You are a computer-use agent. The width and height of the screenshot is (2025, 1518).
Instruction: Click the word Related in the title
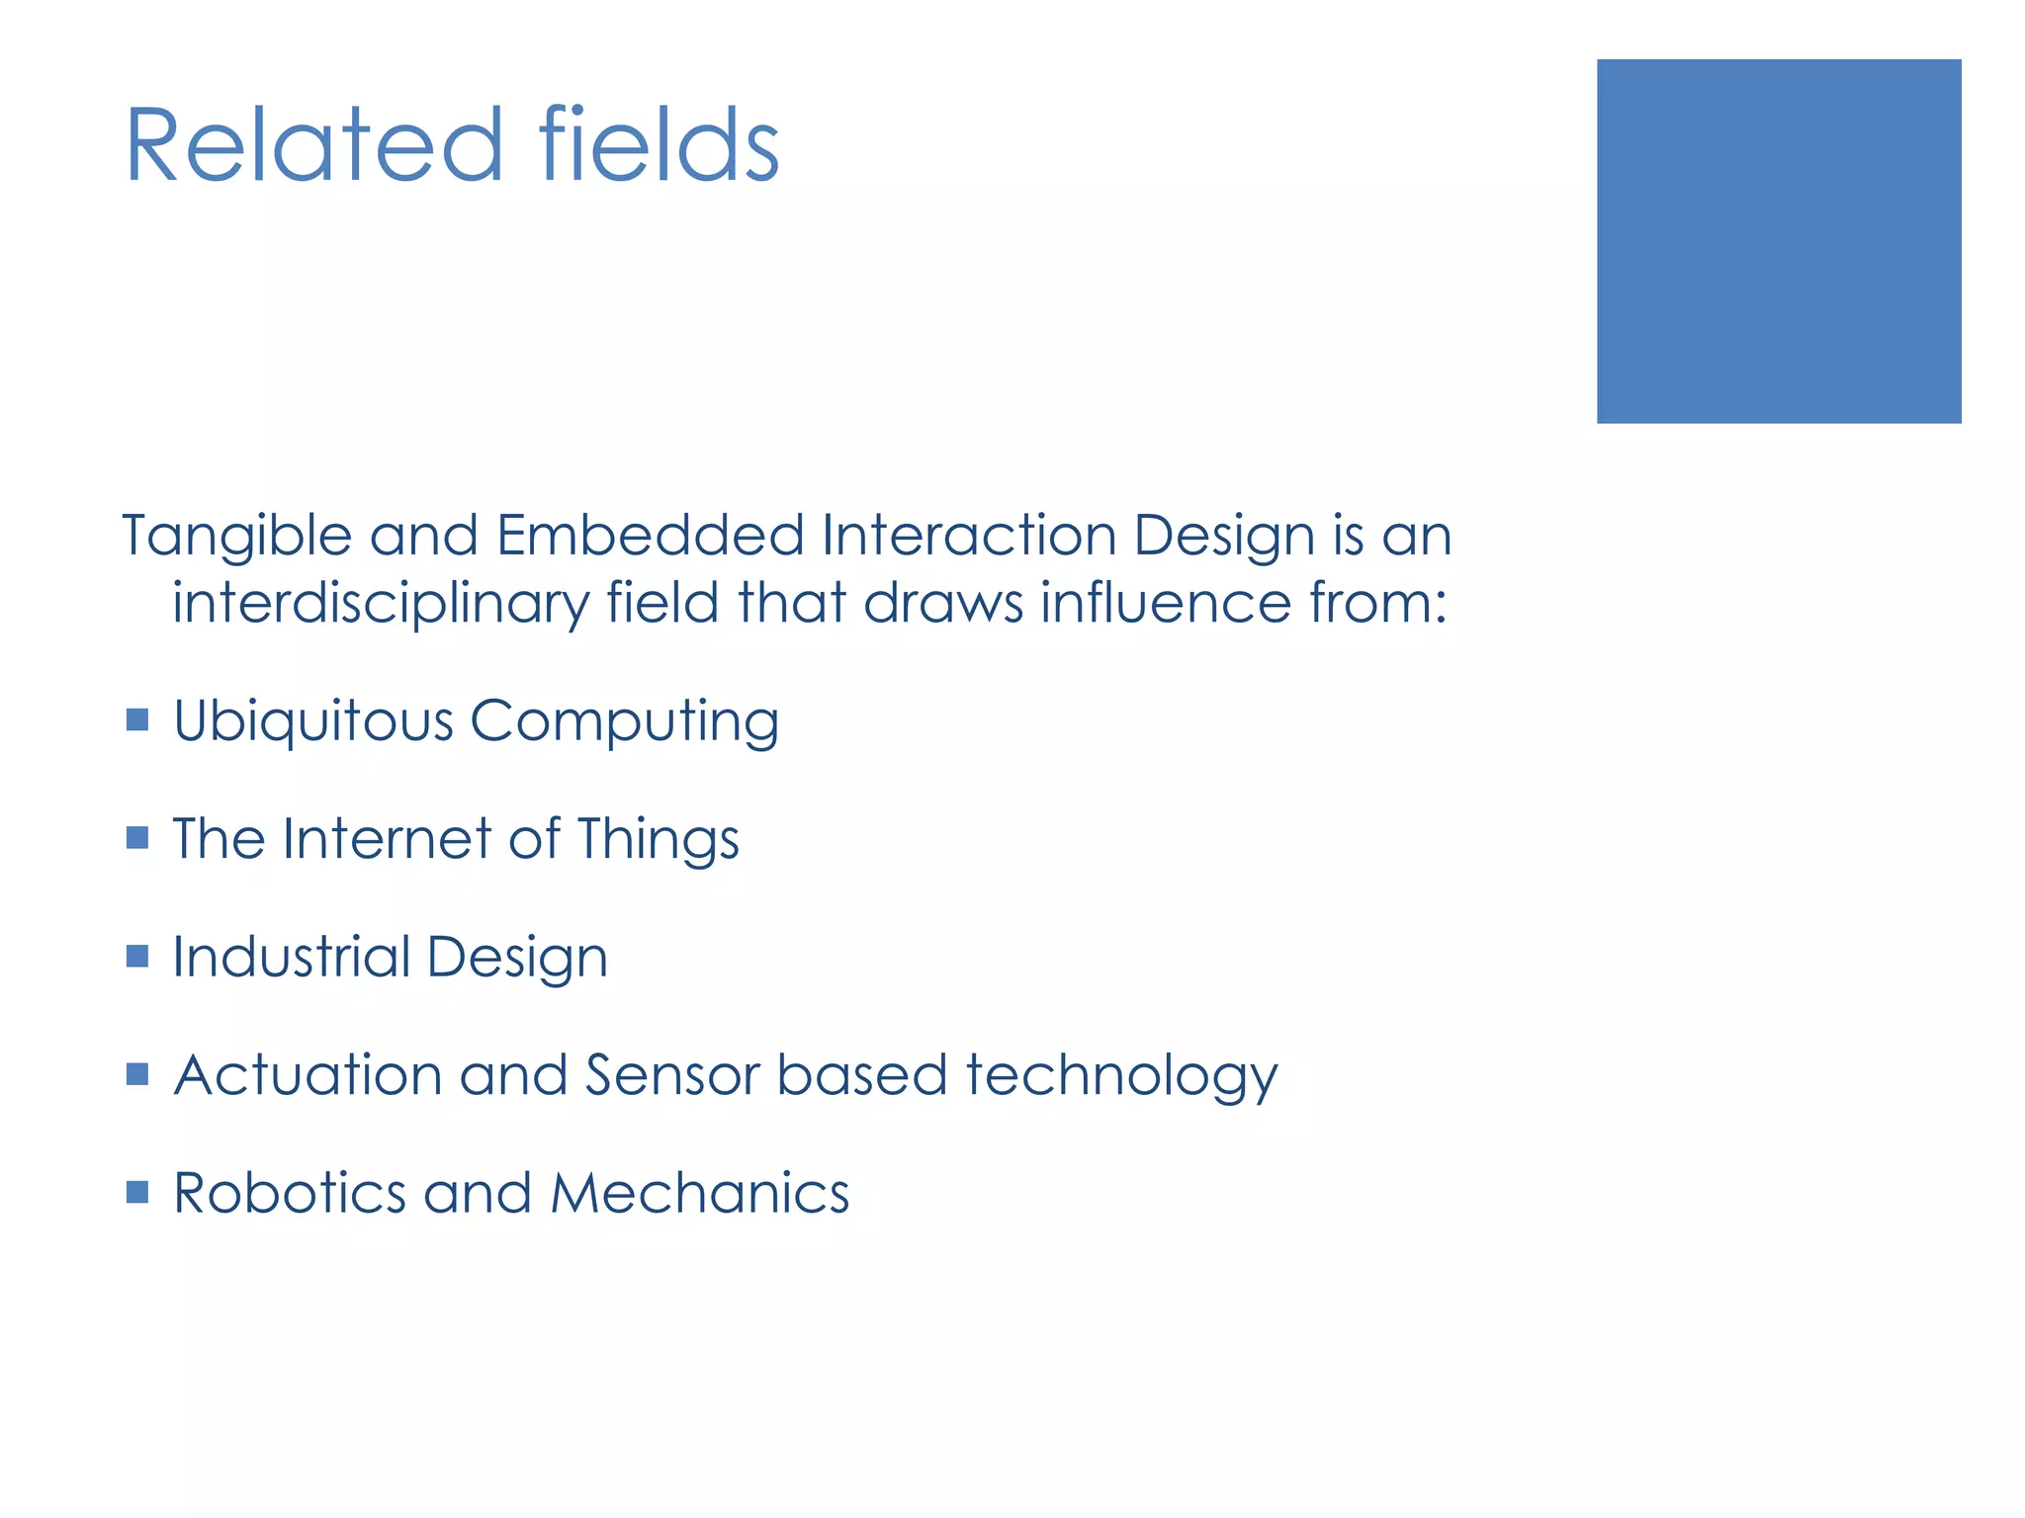(314, 145)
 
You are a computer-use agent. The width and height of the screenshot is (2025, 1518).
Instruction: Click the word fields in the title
(660, 145)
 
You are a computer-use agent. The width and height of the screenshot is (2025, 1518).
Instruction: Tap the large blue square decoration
(1778, 241)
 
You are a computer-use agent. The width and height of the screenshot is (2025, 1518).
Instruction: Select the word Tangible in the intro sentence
(237, 537)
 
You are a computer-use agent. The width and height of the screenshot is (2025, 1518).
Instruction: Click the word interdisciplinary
(381, 603)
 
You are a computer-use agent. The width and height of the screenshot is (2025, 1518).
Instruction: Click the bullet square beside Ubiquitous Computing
(137, 719)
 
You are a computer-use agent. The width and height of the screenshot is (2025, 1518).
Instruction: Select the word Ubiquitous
(312, 721)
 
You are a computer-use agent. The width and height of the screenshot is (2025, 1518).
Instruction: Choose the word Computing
(625, 721)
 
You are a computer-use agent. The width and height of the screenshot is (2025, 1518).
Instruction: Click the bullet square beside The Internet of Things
(137, 838)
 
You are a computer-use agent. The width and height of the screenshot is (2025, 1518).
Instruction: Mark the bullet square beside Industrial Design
(137, 956)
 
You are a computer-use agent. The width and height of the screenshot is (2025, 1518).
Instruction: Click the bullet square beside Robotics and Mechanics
(137, 1192)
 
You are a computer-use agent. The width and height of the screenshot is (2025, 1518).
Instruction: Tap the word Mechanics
(699, 1193)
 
